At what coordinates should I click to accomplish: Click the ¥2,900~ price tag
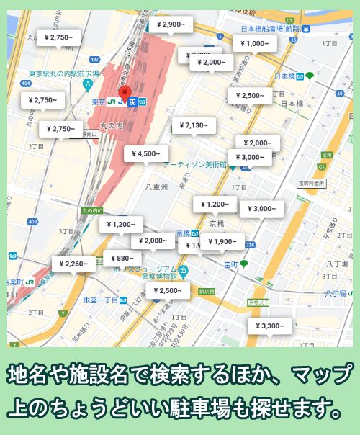click(x=171, y=24)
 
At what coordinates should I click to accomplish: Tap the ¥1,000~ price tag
click(x=256, y=43)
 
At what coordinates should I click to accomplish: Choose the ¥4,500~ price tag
click(x=146, y=153)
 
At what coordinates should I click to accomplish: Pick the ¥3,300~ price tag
click(x=270, y=326)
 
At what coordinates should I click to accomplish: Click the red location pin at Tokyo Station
click(x=124, y=93)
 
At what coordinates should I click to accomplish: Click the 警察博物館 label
click(x=157, y=276)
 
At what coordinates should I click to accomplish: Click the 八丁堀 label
click(x=336, y=264)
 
